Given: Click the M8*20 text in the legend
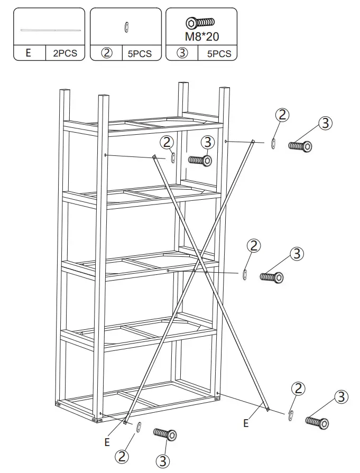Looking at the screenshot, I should pos(201,37).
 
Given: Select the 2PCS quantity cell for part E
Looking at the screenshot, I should pos(65,54).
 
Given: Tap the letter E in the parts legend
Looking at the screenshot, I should pos(29,54).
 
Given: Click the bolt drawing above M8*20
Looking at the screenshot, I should pos(200,23).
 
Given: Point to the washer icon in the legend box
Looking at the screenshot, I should pos(126,27).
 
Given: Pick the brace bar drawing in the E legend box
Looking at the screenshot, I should pos(50,30).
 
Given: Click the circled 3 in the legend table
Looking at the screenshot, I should pos(182,54).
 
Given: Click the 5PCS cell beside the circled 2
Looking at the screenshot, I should pos(140,54).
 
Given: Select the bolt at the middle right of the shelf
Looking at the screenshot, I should pos(272,276).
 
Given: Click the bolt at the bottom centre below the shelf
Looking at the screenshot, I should pos(165,434).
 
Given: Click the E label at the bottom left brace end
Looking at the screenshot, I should pos(107,442).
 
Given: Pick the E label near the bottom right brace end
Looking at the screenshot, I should pos(246,423).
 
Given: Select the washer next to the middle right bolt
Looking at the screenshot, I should pos(245,274).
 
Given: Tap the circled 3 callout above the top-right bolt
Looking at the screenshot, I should pos(325,123).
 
